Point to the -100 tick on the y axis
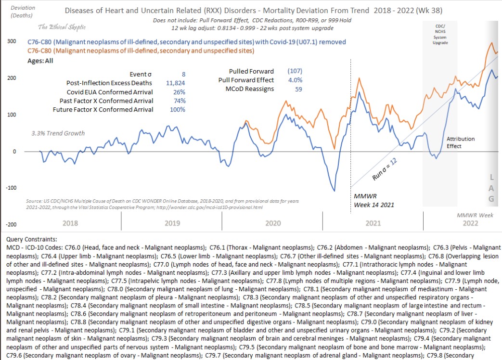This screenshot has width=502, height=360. pyautogui.click(x=11, y=188)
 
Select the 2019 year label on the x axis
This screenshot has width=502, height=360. pyautogui.click(x=172, y=223)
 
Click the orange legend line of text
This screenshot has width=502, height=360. pyautogui.click(x=141, y=50)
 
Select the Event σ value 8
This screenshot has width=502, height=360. pyautogui.click(x=183, y=74)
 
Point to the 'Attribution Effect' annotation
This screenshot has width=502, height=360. pyautogui.click(x=461, y=142)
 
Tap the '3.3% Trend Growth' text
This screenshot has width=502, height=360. pyautogui.click(x=58, y=133)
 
